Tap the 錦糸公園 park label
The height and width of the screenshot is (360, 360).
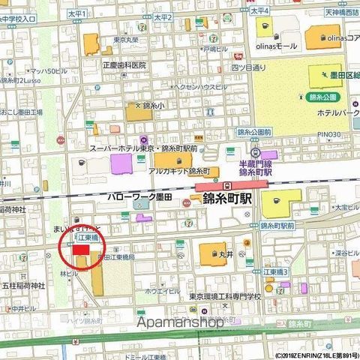323,97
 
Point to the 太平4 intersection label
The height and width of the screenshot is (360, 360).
259,11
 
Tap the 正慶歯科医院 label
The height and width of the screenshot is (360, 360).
124,65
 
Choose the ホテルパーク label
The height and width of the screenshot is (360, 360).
337,113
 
